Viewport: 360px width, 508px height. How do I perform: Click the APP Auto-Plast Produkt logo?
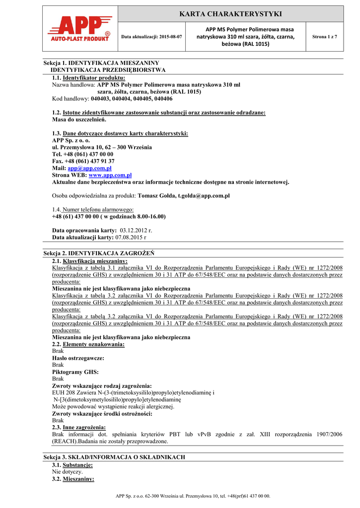pyautogui.click(x=79, y=30)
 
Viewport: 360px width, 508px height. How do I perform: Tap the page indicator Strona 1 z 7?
pyautogui.click(x=324, y=37)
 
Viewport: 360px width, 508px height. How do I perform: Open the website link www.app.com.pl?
pyautogui.click(x=110, y=175)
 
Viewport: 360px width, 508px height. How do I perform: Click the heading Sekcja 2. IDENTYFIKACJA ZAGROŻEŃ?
pyautogui.click(x=99, y=253)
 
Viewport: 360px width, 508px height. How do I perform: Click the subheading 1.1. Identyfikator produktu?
pyautogui.click(x=89, y=78)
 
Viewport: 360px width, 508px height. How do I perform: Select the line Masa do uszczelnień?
pyautogui.click(x=79, y=120)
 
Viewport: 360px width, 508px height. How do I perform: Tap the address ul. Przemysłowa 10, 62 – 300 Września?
pyautogui.click(x=102, y=147)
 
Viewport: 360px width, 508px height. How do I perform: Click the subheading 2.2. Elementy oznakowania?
pyautogui.click(x=88, y=344)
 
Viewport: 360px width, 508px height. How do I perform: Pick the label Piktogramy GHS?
pyautogui.click(x=75, y=372)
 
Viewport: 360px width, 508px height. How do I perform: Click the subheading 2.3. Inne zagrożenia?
pyautogui.click(x=79, y=427)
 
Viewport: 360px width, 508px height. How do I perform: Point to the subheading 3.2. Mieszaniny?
pyautogui.click(x=73, y=479)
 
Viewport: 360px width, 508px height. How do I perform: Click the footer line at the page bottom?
pyautogui.click(x=193, y=496)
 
